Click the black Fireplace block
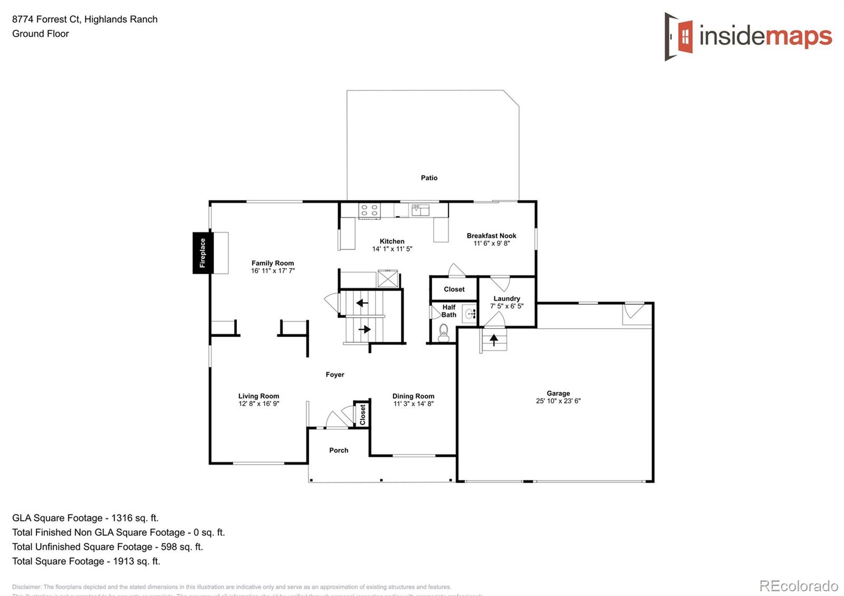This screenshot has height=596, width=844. [203, 253]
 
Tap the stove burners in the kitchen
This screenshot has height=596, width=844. [369, 210]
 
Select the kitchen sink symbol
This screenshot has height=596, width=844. [420, 210]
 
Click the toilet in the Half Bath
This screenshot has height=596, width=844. [444, 332]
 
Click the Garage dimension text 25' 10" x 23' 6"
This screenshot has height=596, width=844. [558, 401]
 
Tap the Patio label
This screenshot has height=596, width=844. [429, 178]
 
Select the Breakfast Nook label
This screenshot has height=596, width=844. [491, 236]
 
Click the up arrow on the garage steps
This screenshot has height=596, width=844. [494, 340]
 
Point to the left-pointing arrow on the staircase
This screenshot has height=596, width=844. [362, 303]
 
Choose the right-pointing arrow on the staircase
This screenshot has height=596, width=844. [365, 329]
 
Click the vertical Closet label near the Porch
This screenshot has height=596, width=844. [362, 415]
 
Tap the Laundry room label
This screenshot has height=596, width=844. [506, 299]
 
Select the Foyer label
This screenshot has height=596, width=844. [334, 374]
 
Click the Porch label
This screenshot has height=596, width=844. [339, 450]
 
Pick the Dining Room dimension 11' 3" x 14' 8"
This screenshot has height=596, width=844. [413, 403]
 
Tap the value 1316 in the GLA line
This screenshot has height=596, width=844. [122, 518]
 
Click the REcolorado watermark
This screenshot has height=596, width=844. [798, 585]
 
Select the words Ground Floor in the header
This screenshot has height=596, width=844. [41, 34]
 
